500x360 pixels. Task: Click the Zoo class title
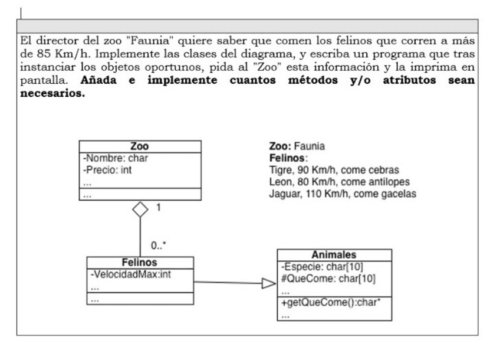point(140,146)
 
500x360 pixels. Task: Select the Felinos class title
point(140,262)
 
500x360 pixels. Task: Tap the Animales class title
point(333,255)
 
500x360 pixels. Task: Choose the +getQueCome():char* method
point(324,304)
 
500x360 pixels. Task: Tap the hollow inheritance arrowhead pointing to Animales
point(268,284)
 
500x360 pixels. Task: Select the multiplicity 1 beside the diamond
point(159,207)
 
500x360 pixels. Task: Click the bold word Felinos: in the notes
point(288,159)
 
